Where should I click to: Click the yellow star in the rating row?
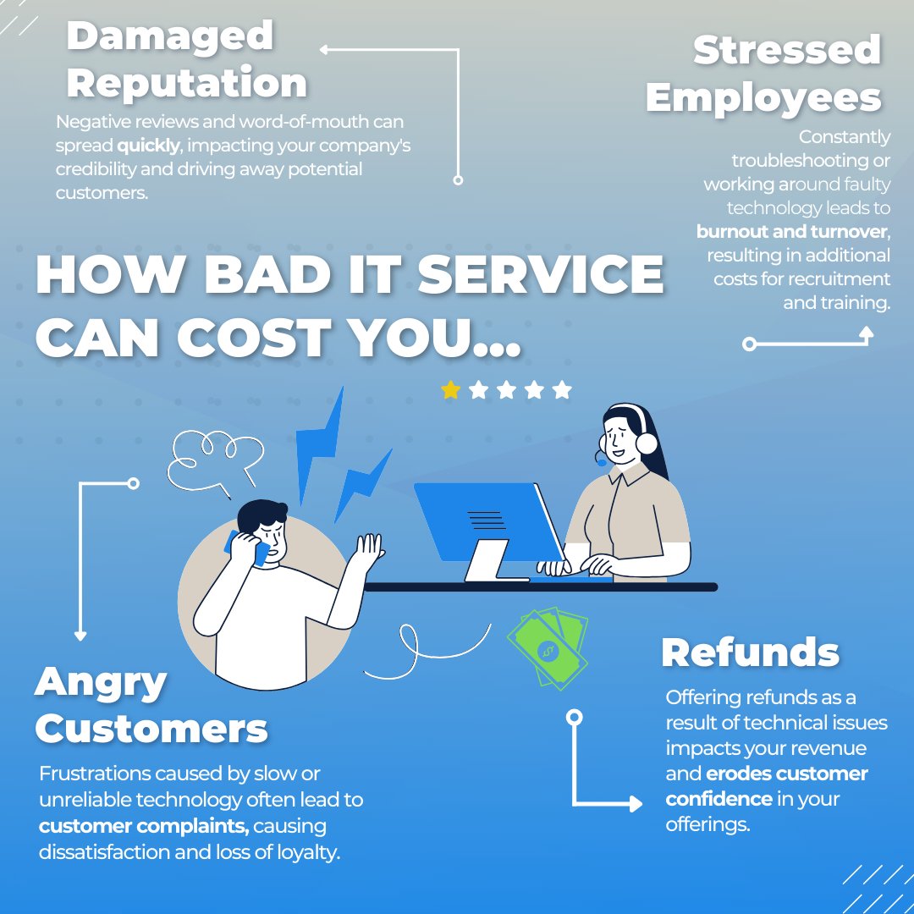click(x=451, y=390)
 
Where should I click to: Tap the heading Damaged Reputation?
click(x=186, y=60)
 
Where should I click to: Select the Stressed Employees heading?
click(x=763, y=74)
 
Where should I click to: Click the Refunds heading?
click(x=750, y=652)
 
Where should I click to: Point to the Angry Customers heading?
click(x=151, y=705)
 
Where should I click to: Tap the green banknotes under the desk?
click(x=548, y=647)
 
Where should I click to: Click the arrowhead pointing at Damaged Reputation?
click(x=324, y=50)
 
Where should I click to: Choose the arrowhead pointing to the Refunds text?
click(x=636, y=804)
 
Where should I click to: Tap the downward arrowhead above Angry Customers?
click(x=81, y=635)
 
